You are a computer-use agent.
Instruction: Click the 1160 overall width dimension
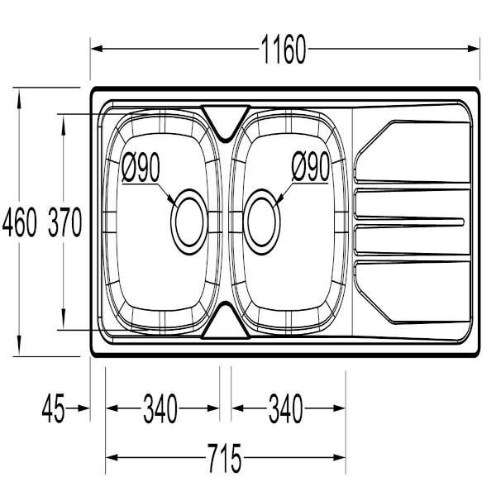(283, 49)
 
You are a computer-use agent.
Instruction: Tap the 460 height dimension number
(19, 222)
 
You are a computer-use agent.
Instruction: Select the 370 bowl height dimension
(64, 222)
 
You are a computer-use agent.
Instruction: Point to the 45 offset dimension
(53, 408)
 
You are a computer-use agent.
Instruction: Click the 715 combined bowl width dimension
(225, 458)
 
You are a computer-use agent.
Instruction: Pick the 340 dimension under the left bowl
(160, 408)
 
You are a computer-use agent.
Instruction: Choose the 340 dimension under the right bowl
(286, 408)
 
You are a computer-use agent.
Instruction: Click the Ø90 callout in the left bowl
(141, 168)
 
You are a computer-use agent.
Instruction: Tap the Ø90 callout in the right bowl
(310, 167)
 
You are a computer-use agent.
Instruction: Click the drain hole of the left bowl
(189, 222)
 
